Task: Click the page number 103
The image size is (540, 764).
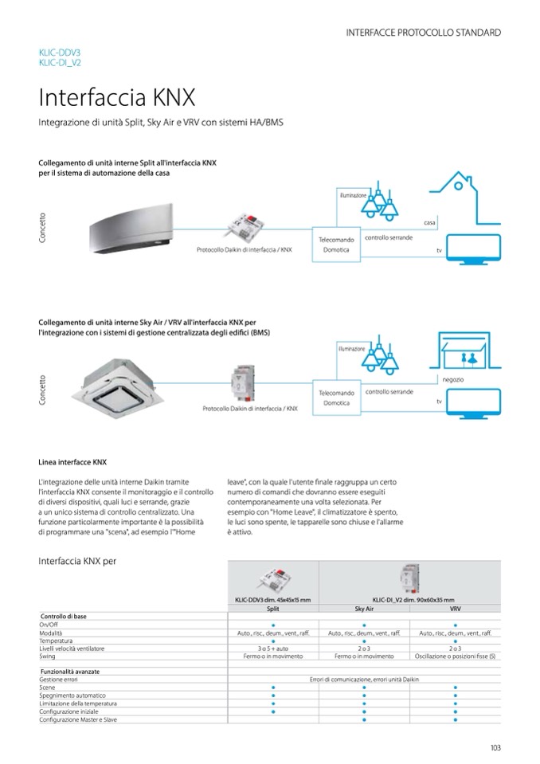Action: [x=495, y=747]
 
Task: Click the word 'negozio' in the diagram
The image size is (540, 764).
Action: [x=452, y=379]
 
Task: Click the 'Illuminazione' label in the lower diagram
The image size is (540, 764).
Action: [x=350, y=348]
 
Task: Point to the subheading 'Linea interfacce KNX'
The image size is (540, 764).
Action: [x=72, y=461]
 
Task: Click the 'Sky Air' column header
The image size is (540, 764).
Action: [x=364, y=608]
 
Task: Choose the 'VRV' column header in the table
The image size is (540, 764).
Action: [x=455, y=608]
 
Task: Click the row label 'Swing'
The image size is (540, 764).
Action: [x=47, y=656]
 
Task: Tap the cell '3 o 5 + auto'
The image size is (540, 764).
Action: [x=272, y=648]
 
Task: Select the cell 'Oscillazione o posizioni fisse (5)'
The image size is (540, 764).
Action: [x=455, y=656]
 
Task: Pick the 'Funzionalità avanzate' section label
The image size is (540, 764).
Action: [x=70, y=672]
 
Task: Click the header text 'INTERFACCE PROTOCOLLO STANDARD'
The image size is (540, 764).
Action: [x=424, y=33]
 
